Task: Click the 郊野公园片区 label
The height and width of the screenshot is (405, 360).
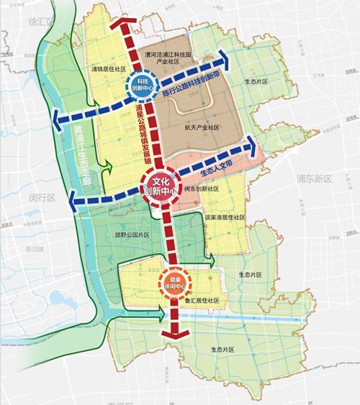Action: [132, 235]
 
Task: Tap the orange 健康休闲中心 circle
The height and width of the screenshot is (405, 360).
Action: [174, 282]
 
